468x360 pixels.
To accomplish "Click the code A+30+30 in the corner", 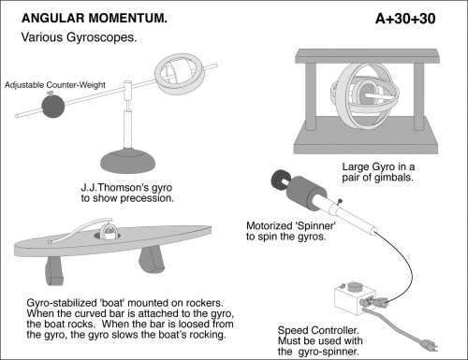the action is pyautogui.click(x=405, y=19).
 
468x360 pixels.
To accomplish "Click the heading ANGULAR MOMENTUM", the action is pyautogui.click(x=95, y=18).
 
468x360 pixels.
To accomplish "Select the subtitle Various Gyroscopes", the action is pyautogui.click(x=79, y=37).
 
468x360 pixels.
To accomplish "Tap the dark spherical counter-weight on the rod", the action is pyautogui.click(x=53, y=106).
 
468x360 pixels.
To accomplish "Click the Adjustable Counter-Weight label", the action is pyautogui.click(x=55, y=85).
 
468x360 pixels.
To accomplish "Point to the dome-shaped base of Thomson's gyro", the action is pyautogui.click(x=128, y=161).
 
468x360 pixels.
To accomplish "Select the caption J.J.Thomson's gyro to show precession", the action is pyautogui.click(x=127, y=193).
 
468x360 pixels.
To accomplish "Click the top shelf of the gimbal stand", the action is pyautogui.click(x=367, y=56).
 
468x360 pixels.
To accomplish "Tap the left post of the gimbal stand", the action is pyautogui.click(x=311, y=96).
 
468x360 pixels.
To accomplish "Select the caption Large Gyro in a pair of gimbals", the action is pyautogui.click(x=378, y=172).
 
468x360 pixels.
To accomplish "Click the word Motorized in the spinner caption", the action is pyautogui.click(x=269, y=225).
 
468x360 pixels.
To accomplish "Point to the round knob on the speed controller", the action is pyautogui.click(x=354, y=286).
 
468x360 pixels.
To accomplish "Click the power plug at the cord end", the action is pyautogui.click(x=429, y=345).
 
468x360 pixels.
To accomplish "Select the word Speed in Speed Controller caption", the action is pyautogui.click(x=293, y=330).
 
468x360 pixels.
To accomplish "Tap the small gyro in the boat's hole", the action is pyautogui.click(x=109, y=232).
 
